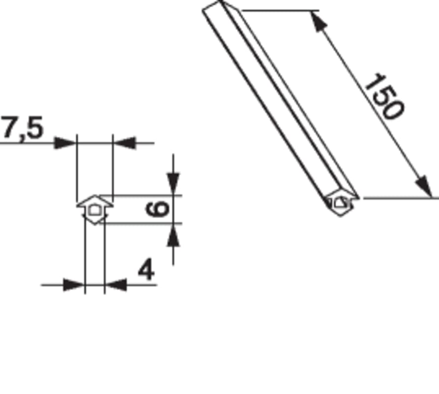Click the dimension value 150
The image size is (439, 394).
coord(384,97)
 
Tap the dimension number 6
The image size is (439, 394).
coord(158,209)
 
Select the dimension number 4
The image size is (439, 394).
coord(146,270)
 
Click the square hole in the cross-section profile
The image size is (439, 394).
coord(94,210)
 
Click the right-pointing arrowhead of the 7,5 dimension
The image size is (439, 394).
coord(65,143)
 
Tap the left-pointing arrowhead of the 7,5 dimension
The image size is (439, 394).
coord(124,143)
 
